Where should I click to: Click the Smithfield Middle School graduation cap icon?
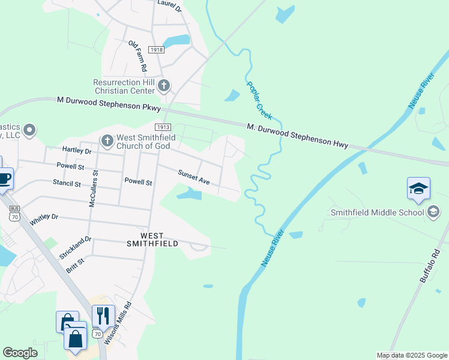click(418, 189)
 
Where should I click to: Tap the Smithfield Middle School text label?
click(378, 212)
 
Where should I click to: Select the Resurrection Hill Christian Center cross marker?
click(164, 86)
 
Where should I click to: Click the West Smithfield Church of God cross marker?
click(107, 141)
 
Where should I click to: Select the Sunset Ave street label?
click(193, 176)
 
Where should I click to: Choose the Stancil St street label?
click(66, 182)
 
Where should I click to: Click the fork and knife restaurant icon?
click(103, 315)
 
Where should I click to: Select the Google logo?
click(20, 353)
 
